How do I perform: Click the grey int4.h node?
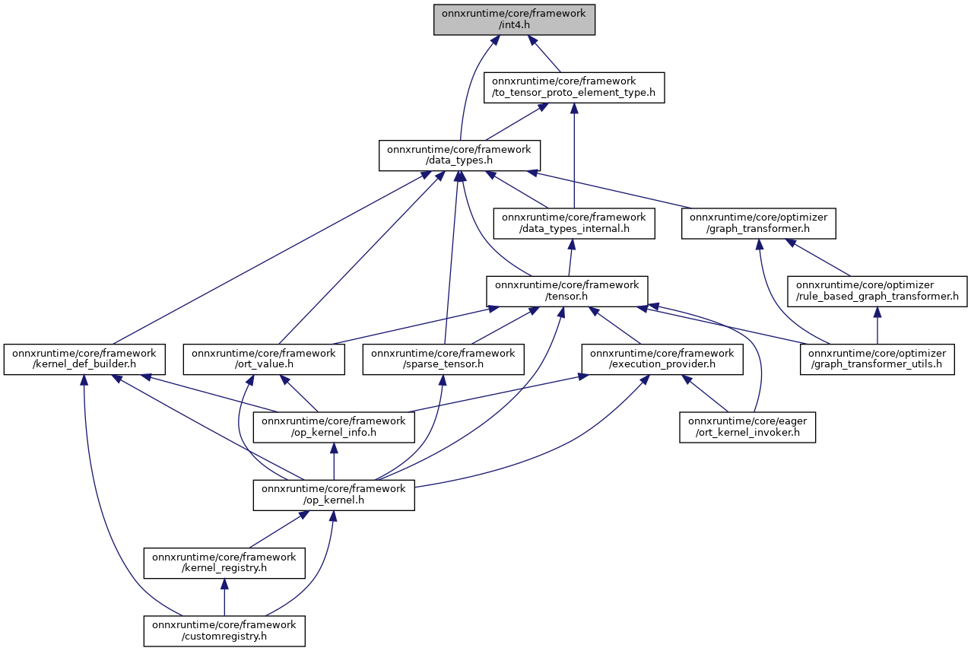pyautogui.click(x=514, y=20)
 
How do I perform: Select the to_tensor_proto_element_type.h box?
pyautogui.click(x=574, y=87)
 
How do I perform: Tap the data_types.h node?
pyautogui.click(x=459, y=155)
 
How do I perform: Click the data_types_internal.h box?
pyautogui.click(x=574, y=224)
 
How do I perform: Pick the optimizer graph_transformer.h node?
pyautogui.click(x=759, y=224)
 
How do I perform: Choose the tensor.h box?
pyautogui.click(x=567, y=291)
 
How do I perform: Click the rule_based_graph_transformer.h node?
pyautogui.click(x=877, y=291)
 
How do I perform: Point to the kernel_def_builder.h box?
pyautogui.click(x=84, y=359)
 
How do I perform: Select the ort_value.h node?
pyautogui.click(x=264, y=359)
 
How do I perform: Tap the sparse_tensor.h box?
pyautogui.click(x=443, y=359)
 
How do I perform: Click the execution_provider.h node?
pyautogui.click(x=662, y=359)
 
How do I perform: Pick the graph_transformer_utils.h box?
pyautogui.click(x=877, y=359)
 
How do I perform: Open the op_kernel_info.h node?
pyautogui.click(x=334, y=427)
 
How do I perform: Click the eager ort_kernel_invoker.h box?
pyautogui.click(x=747, y=427)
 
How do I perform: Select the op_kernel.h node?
pyautogui.click(x=334, y=495)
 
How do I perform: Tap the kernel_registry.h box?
pyautogui.click(x=224, y=563)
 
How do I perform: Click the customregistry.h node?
pyautogui.click(x=224, y=630)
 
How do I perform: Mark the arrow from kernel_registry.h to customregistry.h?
pyautogui.click(x=224, y=597)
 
